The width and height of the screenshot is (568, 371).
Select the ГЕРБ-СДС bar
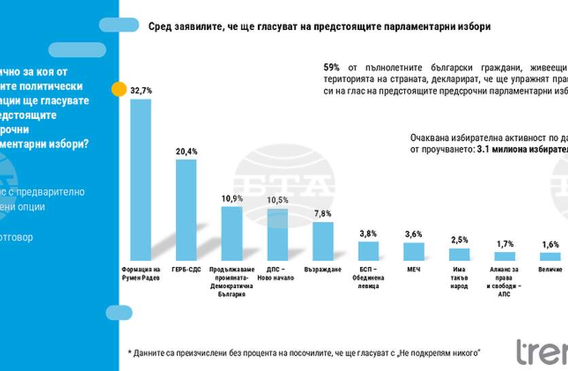[x=186, y=210]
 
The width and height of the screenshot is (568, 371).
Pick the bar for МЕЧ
[x=414, y=251]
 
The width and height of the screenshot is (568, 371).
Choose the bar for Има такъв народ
[x=459, y=254]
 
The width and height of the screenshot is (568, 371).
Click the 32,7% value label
[x=141, y=90]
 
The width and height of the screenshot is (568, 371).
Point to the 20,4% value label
[x=186, y=152]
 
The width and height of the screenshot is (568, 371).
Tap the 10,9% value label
[x=232, y=198]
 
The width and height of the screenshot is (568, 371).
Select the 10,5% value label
[x=277, y=200]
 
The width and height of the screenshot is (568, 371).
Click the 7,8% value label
[x=323, y=213]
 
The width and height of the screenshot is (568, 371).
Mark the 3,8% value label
[x=368, y=233]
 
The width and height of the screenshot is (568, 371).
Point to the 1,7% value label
[x=505, y=243]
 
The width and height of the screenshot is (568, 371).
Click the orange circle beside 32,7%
[x=119, y=90]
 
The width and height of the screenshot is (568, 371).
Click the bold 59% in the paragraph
[x=332, y=68]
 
